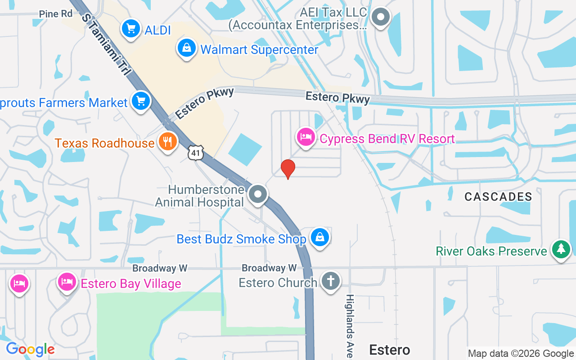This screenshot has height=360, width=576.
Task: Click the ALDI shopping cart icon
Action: [130, 29]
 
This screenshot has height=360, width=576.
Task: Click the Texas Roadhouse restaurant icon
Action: [167, 142]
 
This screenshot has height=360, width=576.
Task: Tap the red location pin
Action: [288, 169]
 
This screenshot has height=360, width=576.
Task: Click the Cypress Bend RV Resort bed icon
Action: [306, 137]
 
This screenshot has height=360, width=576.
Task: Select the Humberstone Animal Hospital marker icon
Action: [258, 195]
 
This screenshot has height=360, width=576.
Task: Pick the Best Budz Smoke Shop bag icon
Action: [319, 237]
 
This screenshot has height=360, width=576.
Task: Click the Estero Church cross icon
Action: [330, 281]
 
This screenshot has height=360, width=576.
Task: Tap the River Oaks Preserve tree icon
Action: [561, 250]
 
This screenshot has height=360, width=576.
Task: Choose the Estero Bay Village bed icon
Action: [67, 283]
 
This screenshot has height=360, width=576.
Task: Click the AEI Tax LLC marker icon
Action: [381, 17]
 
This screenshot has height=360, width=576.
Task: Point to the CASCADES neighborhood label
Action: [498, 197]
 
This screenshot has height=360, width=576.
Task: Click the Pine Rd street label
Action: [56, 14]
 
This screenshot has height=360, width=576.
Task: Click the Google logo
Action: [30, 349]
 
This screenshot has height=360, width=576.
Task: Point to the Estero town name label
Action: [390, 350]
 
